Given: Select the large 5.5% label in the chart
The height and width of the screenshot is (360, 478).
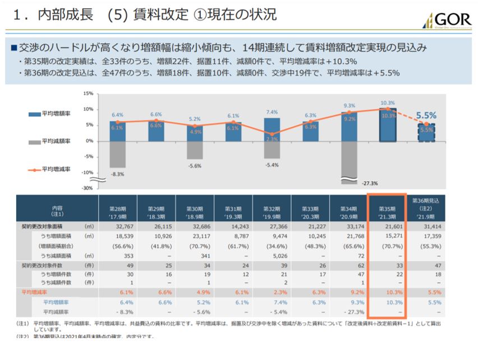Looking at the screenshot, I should pyautogui.click(x=427, y=114).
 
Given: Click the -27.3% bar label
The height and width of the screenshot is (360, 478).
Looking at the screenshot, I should pyautogui.click(x=369, y=183).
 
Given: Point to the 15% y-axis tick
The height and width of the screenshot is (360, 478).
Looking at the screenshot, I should pyautogui.click(x=86, y=94).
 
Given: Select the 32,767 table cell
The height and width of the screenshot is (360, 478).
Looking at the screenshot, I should pyautogui.click(x=117, y=226).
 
